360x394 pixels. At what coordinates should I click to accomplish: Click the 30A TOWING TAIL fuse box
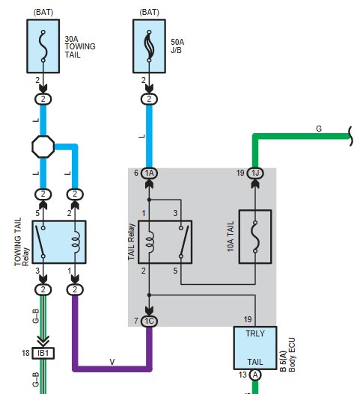click(43, 46)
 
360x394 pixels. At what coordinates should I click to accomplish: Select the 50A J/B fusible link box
click(149, 46)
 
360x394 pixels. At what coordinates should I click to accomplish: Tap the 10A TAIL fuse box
click(255, 236)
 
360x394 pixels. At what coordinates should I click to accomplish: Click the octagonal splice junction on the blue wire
click(43, 147)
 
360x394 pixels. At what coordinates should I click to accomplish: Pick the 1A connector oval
click(149, 173)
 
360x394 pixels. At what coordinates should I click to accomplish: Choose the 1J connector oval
click(255, 173)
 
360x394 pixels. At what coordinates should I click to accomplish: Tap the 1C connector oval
click(149, 321)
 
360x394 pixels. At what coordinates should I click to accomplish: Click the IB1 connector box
click(43, 353)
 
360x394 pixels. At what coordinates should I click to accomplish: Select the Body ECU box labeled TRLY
click(255, 348)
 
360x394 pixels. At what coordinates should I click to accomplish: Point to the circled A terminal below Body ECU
click(255, 375)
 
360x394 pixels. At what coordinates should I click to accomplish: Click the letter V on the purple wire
click(112, 362)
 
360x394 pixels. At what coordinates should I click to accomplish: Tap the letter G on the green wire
click(319, 129)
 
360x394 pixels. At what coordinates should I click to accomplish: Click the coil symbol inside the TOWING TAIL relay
click(76, 242)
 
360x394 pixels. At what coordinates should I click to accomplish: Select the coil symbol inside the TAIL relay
click(150, 242)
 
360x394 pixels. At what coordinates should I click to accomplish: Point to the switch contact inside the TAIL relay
click(184, 242)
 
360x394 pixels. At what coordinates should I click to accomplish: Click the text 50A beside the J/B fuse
click(177, 42)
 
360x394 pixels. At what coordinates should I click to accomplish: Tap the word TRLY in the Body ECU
click(255, 333)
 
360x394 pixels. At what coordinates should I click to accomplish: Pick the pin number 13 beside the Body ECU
click(242, 375)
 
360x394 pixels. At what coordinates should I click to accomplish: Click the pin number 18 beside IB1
click(25, 353)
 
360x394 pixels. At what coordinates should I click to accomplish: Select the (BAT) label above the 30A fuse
click(43, 12)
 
